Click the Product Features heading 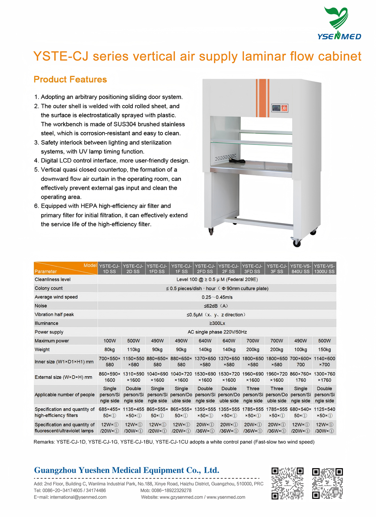click(70, 79)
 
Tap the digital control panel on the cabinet click(279, 108)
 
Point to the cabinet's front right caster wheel click(297, 243)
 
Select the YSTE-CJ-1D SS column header click(109, 269)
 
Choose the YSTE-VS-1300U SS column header click(324, 269)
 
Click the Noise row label click(41, 306)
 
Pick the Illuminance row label click(47, 323)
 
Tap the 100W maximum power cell click(109, 341)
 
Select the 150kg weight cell click(324, 350)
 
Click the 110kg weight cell click(133, 350)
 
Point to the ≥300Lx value click(217, 323)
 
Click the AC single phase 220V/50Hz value click(217, 332)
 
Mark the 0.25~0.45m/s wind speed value click(217, 297)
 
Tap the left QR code click(287, 484)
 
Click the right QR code click(327, 484)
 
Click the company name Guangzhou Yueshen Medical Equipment click(126, 470)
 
